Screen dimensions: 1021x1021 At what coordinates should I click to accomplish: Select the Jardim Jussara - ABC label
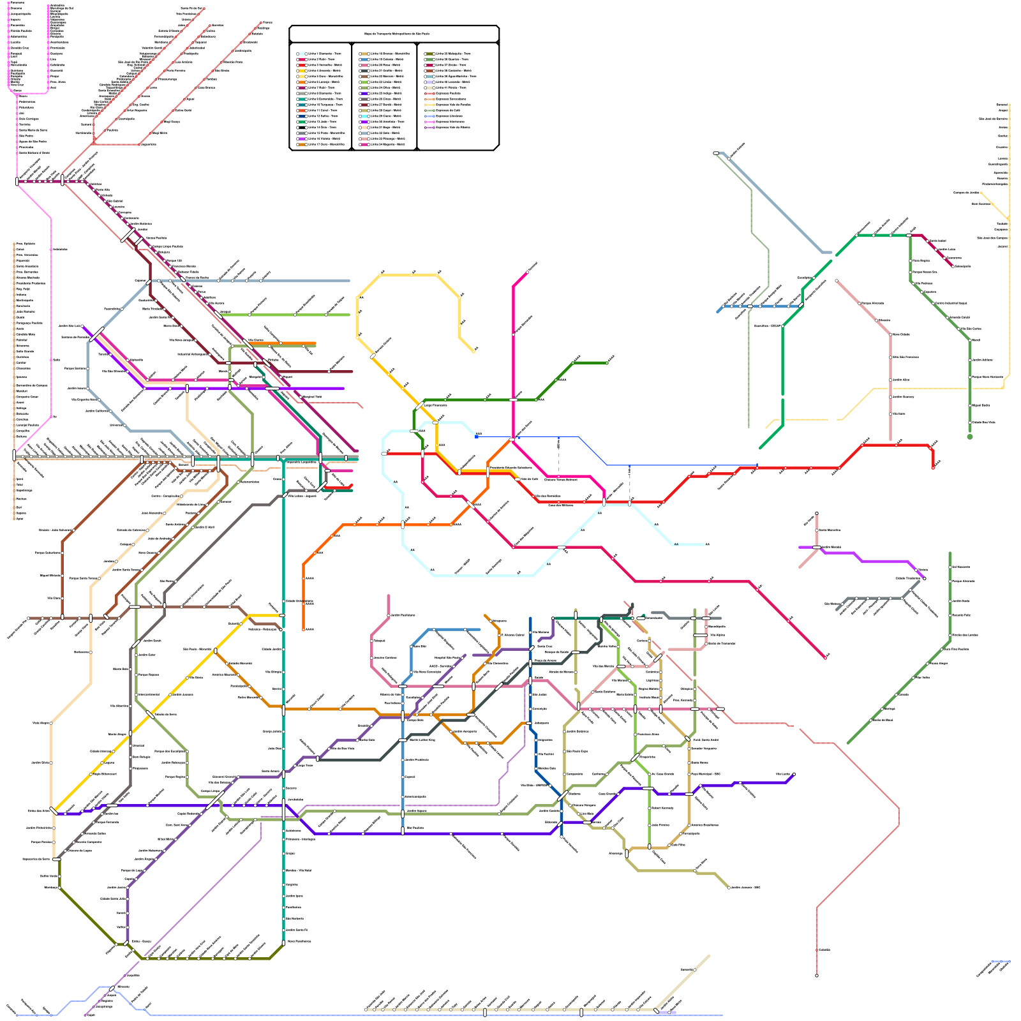coord(745,887)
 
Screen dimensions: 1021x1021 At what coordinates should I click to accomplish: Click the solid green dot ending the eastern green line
coord(970,436)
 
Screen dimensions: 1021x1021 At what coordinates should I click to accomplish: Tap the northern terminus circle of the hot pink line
coord(528,272)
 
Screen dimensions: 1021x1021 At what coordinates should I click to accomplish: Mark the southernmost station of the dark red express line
coord(817,975)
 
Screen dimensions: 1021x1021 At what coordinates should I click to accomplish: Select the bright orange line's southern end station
coord(303,629)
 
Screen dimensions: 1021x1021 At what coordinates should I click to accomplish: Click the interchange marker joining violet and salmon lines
coord(817,547)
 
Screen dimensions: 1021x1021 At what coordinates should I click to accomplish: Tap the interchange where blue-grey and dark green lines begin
coord(716,153)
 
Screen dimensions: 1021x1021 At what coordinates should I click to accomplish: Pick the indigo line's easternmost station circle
coord(794,775)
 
